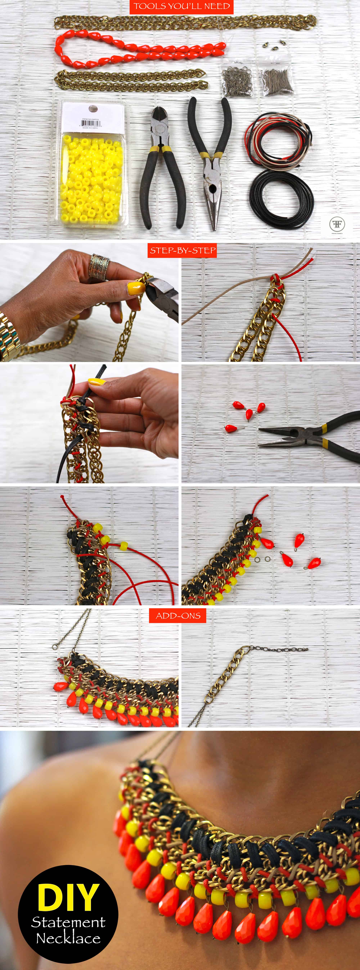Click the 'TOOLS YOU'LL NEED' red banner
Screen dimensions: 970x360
[181, 6]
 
